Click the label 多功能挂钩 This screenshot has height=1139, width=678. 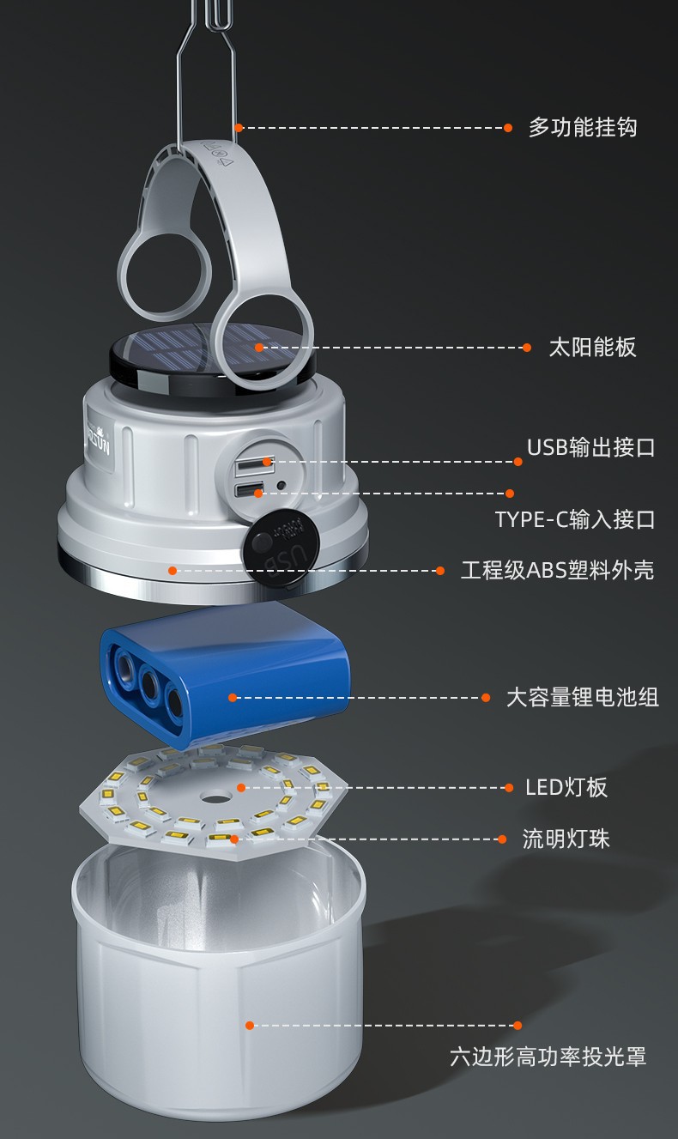click(x=583, y=127)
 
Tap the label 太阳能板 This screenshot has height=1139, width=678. click(x=592, y=348)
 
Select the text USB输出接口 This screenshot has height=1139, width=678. click(x=590, y=447)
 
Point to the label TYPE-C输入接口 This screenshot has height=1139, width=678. click(x=575, y=519)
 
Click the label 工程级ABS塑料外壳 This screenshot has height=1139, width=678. click(x=558, y=570)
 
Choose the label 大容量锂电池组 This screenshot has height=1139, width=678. click(x=583, y=697)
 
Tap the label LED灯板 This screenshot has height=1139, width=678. click(x=566, y=787)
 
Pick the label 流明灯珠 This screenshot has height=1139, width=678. click(x=566, y=839)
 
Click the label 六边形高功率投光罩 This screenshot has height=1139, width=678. click(x=548, y=1057)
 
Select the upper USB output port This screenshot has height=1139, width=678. click(x=254, y=463)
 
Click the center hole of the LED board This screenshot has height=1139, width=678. click(x=214, y=796)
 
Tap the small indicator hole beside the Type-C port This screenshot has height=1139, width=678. click(x=281, y=486)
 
